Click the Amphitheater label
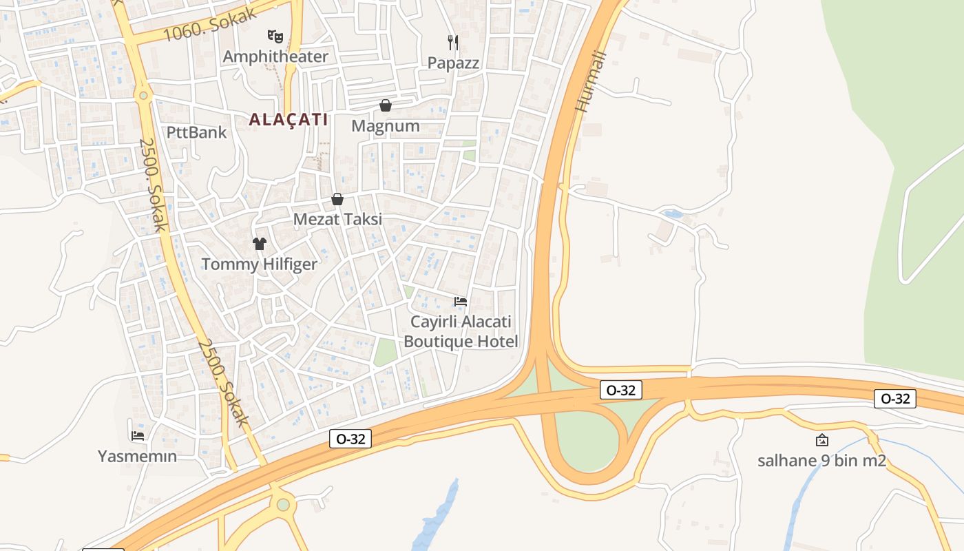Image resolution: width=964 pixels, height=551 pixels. point(275,56)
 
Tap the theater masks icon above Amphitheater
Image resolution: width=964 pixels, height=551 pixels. point(275,36)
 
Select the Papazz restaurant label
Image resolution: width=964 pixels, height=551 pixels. point(453,63)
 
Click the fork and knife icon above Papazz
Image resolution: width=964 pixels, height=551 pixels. point(453,43)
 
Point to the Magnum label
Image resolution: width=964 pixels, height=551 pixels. point(386,126)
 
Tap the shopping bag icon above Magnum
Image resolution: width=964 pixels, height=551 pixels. point(386,105)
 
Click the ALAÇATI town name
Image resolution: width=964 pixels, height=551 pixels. point(288,119)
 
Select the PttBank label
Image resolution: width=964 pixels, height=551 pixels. point(196,132)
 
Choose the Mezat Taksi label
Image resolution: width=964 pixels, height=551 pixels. point(337,220)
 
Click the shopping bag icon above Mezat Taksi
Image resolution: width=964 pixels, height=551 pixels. point(337,199)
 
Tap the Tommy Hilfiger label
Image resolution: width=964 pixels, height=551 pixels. point(260,264)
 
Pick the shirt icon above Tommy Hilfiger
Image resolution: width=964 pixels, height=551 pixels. point(260,243)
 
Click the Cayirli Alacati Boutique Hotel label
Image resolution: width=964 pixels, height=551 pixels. point(461,331)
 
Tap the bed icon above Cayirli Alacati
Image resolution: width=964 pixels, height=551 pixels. point(461,302)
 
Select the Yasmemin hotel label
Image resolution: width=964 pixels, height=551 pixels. point(137,456)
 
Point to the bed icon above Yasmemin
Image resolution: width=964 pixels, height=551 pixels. point(137,435)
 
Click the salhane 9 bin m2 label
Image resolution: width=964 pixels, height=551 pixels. point(821,461)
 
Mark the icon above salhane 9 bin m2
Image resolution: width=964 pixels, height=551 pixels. point(821,440)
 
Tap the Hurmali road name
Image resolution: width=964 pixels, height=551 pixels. point(591,82)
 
